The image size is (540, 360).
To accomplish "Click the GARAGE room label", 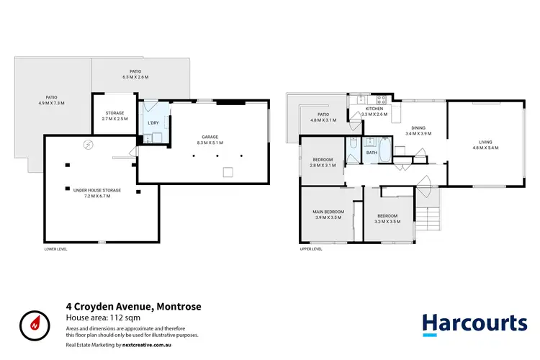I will click(210, 136).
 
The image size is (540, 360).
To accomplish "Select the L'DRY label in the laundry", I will click(153, 123).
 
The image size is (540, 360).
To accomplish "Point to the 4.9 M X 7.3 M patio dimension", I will click(51, 103).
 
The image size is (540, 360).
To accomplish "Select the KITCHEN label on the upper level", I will click(374, 109).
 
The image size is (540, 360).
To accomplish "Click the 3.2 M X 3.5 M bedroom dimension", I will click(388, 221).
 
